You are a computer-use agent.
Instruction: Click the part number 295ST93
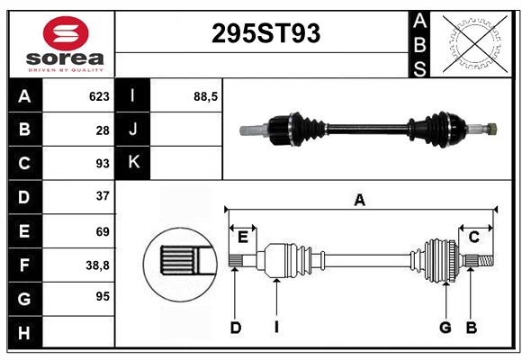click(x=265, y=33)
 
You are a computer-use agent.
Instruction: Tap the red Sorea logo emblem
click(x=66, y=33)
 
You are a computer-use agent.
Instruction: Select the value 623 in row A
click(x=99, y=96)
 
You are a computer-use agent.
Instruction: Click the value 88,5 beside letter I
click(x=205, y=97)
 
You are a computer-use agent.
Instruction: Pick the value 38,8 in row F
click(x=97, y=265)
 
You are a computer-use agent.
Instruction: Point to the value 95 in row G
click(x=103, y=296)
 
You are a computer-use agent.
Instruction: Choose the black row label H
click(x=25, y=333)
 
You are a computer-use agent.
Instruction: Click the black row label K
click(x=133, y=163)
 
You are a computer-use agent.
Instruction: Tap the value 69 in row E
click(x=103, y=231)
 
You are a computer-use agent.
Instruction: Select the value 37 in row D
click(x=103, y=196)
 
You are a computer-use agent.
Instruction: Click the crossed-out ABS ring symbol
click(x=474, y=43)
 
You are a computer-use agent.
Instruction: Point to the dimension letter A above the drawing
click(x=359, y=201)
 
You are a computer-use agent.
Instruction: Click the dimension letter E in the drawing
click(x=243, y=238)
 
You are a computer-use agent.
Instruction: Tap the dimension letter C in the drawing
click(x=473, y=238)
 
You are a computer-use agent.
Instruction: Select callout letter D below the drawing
click(x=236, y=328)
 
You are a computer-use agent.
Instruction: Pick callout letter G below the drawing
click(x=445, y=328)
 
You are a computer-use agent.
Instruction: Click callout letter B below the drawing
click(x=472, y=328)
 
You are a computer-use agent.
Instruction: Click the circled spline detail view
click(x=180, y=265)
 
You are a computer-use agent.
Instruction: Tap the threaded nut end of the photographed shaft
click(x=491, y=129)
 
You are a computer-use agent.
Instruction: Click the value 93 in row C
click(x=103, y=164)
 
